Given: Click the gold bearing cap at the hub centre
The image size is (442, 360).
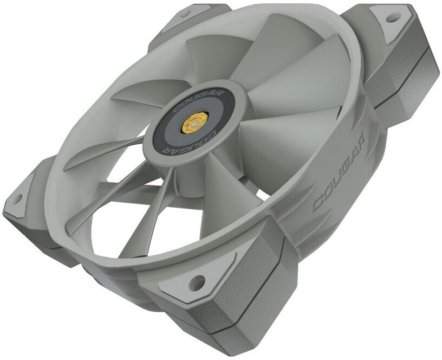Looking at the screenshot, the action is pyautogui.click(x=194, y=121).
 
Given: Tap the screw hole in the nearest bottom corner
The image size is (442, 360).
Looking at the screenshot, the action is pyautogui.click(x=197, y=280).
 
